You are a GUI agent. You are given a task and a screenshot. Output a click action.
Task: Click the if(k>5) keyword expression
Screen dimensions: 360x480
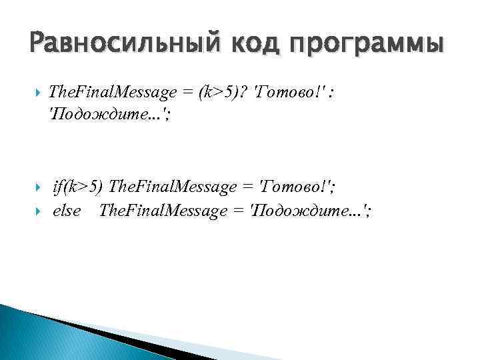click(x=77, y=187)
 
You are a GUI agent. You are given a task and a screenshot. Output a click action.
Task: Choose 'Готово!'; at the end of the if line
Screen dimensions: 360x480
click(x=297, y=187)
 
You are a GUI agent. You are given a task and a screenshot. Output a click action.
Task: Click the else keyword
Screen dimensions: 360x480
click(x=67, y=211)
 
